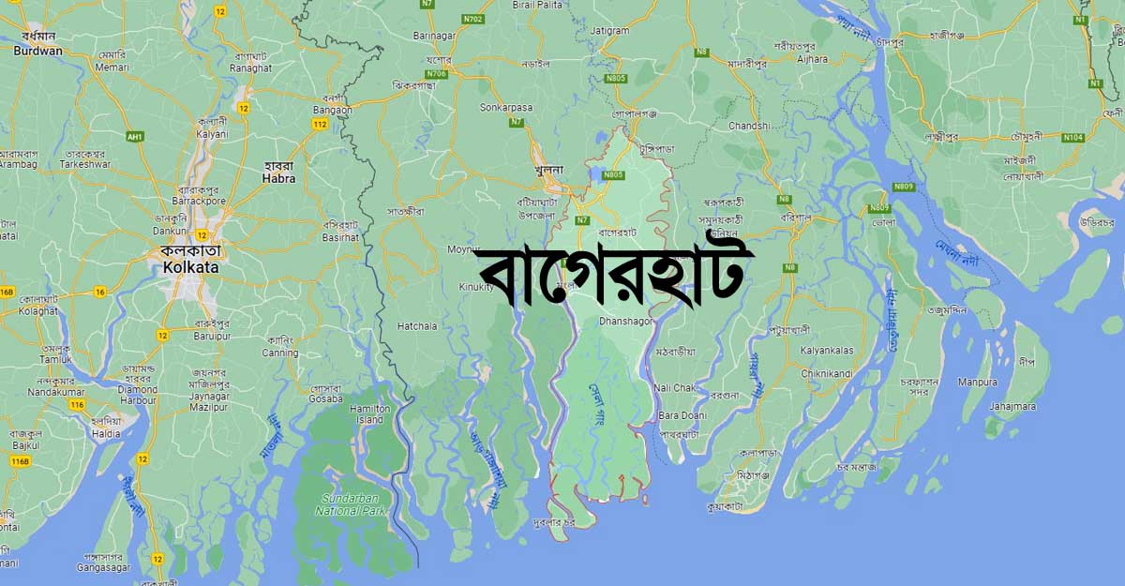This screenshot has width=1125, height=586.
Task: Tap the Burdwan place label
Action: point(37,51)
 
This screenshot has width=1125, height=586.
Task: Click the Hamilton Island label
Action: point(369,414)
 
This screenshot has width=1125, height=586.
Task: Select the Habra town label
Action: point(278,178)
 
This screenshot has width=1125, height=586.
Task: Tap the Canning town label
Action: point(280,353)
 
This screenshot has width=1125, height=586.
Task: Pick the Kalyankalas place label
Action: point(827,350)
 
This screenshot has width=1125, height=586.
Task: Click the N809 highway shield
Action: point(879,208)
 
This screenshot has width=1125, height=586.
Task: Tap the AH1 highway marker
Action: point(135,136)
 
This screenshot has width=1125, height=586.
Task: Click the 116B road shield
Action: point(20,461)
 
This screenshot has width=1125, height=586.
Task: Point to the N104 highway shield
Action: point(1073,138)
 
